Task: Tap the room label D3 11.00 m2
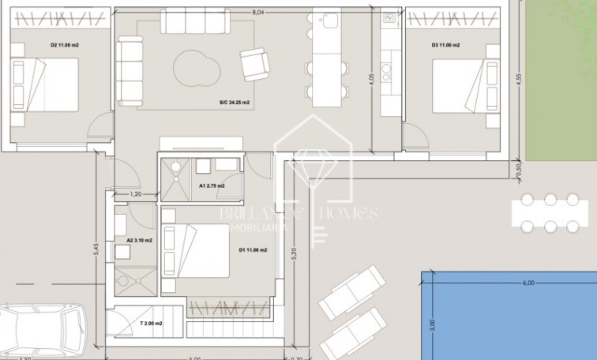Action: coord(445,46)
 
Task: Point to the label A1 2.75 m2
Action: coord(211,186)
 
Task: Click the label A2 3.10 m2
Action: coord(139,239)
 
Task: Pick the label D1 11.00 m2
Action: coord(253,250)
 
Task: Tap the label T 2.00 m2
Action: coord(151,324)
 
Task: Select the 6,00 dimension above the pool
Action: coord(528,283)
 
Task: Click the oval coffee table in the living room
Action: coord(196,68)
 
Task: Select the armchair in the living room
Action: coord(253,62)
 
